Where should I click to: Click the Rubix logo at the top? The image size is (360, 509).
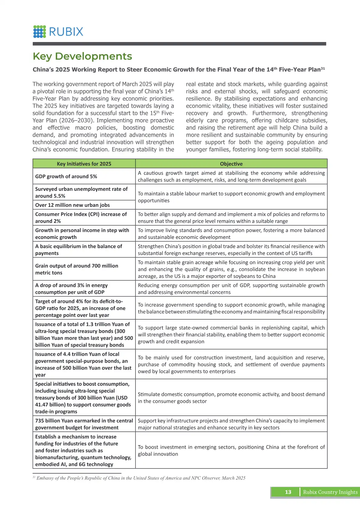[58, 31]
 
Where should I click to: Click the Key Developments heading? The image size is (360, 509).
[82, 56]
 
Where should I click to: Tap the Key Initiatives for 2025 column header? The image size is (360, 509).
[84, 164]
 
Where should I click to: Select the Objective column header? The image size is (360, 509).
[231, 164]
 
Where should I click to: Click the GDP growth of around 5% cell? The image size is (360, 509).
[66, 176]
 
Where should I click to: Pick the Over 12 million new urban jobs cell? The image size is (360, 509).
[73, 205]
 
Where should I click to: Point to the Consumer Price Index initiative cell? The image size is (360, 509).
[81, 217]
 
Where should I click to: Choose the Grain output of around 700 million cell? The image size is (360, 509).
[77, 269]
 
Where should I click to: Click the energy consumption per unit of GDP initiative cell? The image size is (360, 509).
[71, 289]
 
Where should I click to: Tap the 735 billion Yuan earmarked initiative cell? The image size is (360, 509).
[84, 424]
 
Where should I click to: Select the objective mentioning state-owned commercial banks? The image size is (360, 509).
[231, 334]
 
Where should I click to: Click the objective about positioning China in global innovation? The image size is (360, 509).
[231, 450]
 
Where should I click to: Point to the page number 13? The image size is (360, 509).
[288, 492]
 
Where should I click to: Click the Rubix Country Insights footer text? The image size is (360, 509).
[330, 492]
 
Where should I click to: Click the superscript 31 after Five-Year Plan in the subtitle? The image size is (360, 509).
[323, 69]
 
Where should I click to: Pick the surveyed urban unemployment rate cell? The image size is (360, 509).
[81, 192]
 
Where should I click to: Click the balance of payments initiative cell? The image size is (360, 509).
[79, 250]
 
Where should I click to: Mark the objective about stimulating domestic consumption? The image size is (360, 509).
[231, 398]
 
